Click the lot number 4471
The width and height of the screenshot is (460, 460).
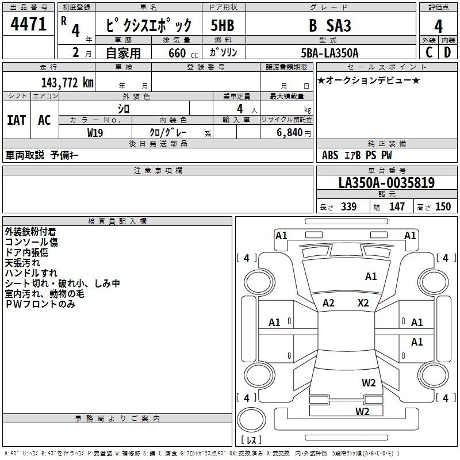pyautogui.click(x=29, y=25)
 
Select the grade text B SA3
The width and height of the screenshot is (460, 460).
pyautogui.click(x=330, y=25)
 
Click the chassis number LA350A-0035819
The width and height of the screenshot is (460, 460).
pyautogui.click(x=386, y=183)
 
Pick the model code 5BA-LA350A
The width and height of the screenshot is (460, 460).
pyautogui.click(x=329, y=53)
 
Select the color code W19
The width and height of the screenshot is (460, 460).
pyautogui.click(x=95, y=132)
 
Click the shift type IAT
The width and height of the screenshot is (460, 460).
pyautogui.click(x=17, y=120)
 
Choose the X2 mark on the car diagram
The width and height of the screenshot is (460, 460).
pyautogui.click(x=363, y=303)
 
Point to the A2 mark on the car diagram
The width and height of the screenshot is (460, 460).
pyautogui.click(x=328, y=303)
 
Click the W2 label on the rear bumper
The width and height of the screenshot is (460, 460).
pyautogui.click(x=362, y=411)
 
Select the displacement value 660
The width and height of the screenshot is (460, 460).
pyautogui.click(x=177, y=53)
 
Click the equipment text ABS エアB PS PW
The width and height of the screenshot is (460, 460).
pyautogui.click(x=357, y=155)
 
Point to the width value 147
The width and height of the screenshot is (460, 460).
pyautogui.click(x=397, y=206)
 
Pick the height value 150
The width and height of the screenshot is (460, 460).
pyautogui.click(x=443, y=206)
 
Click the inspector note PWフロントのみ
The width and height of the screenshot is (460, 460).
pyautogui.click(x=40, y=304)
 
